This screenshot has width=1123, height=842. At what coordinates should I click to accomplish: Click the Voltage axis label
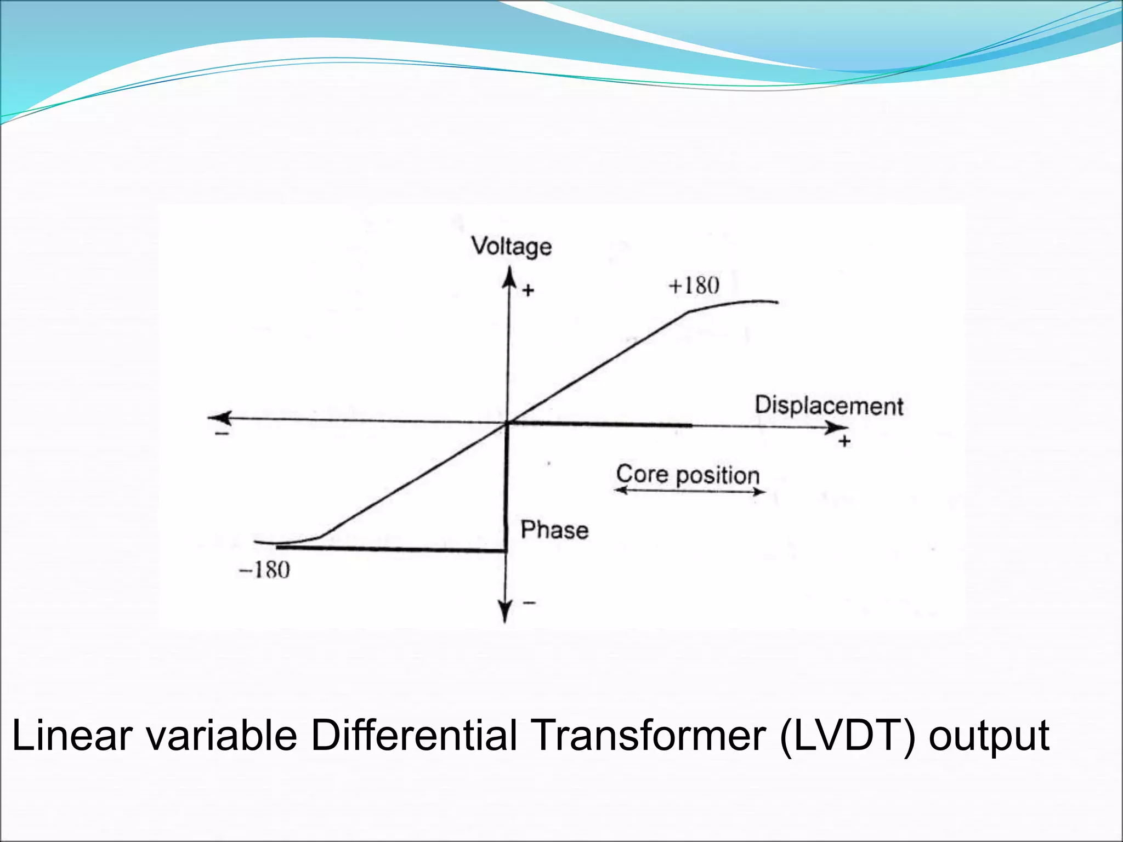coord(512,247)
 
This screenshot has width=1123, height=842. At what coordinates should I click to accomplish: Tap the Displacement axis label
coord(829,406)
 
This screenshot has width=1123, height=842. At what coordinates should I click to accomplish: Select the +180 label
coord(694,286)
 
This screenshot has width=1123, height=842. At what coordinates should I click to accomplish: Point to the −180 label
coord(264,571)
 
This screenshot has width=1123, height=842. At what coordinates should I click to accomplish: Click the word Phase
coord(554,530)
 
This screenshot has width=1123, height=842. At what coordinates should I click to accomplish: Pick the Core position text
coord(688,475)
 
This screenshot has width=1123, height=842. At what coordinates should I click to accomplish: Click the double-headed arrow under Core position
coord(689,491)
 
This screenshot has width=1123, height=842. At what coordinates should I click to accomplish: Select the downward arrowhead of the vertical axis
coord(504,612)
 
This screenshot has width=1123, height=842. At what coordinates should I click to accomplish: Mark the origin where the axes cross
coord(507,423)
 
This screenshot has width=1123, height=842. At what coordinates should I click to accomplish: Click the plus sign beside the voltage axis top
coord(528,291)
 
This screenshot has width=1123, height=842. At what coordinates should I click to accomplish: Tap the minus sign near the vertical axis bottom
coord(529,603)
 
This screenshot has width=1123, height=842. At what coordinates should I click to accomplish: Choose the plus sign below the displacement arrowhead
coord(844,441)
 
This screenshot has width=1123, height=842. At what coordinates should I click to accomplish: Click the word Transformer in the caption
coord(649,736)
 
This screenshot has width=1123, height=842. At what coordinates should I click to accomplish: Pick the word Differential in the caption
coord(414,736)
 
